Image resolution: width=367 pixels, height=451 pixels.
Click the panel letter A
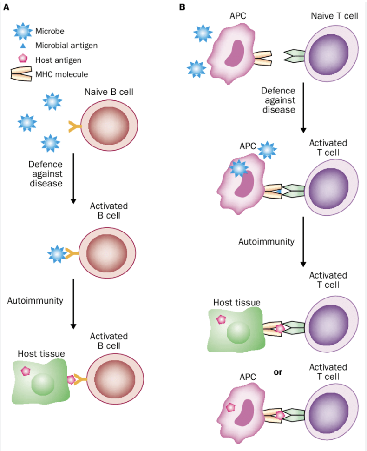coord(7,7)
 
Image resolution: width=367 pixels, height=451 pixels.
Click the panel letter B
coord(182,7)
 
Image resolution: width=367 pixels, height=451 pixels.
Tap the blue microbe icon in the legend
coord(23,31)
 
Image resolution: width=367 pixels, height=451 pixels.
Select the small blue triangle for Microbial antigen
coord(23,46)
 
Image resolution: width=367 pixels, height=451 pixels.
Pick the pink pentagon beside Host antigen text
coord(23,59)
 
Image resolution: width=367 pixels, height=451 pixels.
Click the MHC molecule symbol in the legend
coord(21,74)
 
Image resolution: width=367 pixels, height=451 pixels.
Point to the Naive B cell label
coord(109,92)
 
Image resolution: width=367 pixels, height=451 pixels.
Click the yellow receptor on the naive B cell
coord(75,126)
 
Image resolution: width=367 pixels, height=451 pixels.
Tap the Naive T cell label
coord(334,16)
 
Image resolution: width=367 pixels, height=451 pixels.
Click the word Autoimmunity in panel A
coord(35,300)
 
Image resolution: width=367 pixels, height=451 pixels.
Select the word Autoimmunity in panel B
coord(266,242)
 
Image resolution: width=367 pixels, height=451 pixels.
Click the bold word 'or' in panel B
coord(278,372)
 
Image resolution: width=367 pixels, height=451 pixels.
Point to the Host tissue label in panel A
coord(41,353)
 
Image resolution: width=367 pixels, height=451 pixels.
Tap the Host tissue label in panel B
coord(237,303)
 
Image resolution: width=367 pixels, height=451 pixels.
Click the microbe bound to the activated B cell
coord(57,254)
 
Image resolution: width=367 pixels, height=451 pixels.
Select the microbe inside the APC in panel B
coord(238,169)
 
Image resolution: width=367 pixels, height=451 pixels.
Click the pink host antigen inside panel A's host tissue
coord(26,371)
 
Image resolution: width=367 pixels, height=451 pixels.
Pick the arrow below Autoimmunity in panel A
coord(73,304)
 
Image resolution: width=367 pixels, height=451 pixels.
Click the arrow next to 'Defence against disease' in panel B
coord(303,107)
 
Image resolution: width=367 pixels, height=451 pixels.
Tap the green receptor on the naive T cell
coord(295,56)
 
